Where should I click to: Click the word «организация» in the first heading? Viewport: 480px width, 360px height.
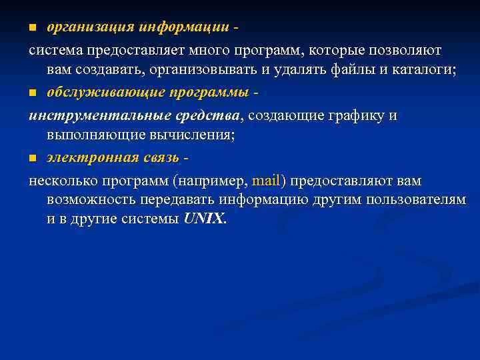(90, 28)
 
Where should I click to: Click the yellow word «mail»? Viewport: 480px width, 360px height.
(268, 181)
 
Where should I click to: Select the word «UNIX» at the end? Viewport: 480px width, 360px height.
(204, 219)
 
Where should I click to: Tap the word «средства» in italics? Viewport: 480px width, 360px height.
(210, 115)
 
